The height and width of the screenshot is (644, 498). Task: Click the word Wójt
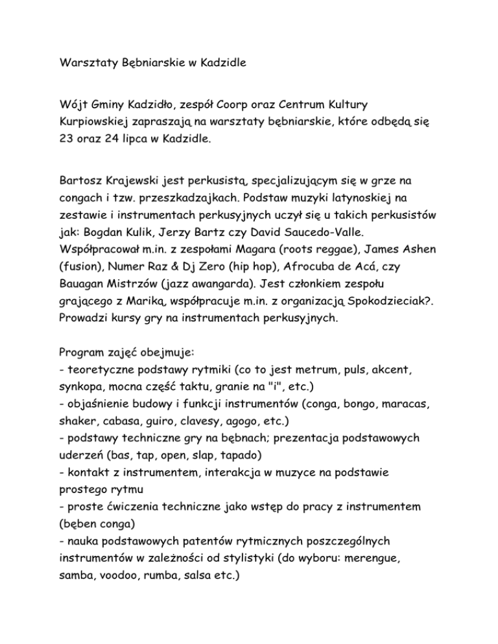pos(69,104)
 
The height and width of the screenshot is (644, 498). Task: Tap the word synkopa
pos(77,390)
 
